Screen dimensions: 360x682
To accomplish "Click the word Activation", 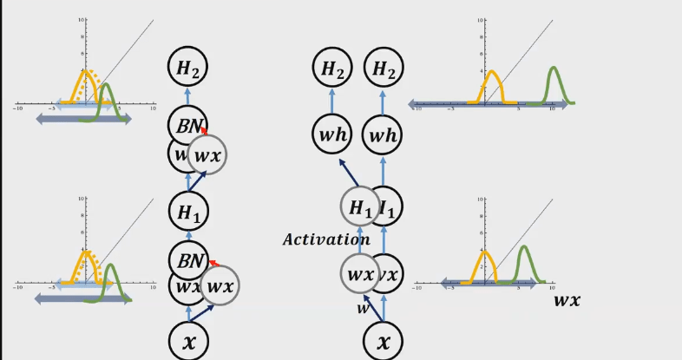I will (326, 239).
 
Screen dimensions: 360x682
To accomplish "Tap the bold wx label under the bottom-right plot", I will (567, 301).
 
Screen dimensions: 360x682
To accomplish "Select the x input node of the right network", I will (384, 340).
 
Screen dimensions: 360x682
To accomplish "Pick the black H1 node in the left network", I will (187, 211).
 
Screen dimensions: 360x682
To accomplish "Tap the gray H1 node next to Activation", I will (360, 209).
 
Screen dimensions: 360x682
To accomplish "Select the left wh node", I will (332, 134).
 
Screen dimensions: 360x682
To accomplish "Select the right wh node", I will (384, 134).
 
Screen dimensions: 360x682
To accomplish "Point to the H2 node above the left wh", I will (332, 68).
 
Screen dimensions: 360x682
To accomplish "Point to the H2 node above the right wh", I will (384, 68).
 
